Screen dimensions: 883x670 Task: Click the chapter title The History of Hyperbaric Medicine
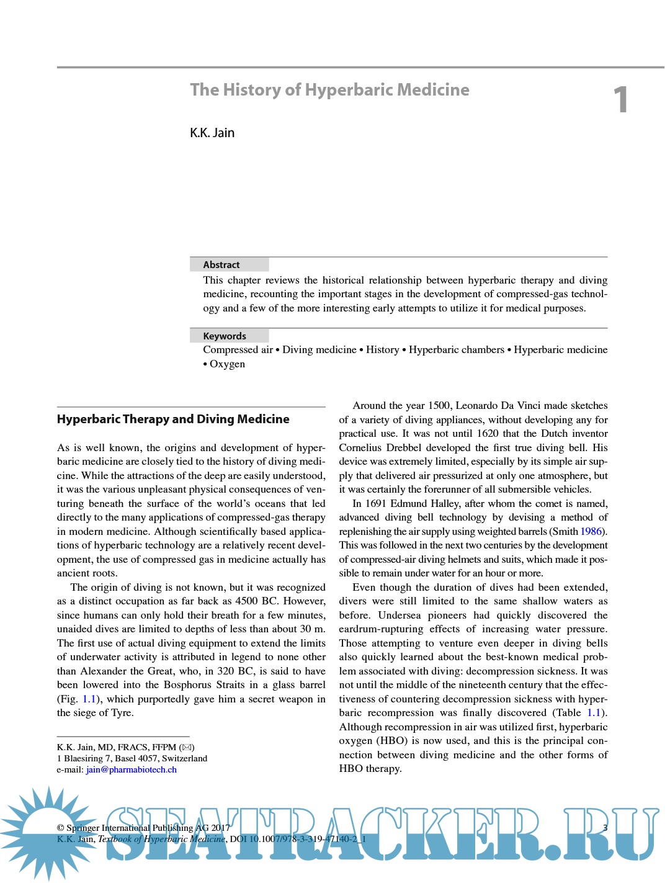329,90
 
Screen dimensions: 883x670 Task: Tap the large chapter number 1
620,100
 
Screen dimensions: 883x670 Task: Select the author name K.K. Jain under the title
212,133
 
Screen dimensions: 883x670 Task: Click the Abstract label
221,265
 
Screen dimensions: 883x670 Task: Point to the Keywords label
225,336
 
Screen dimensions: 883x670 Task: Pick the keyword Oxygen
227,364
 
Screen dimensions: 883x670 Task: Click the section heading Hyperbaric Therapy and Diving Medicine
173,419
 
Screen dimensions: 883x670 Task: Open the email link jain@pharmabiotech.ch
132,770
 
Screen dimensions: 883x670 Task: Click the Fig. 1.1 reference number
89,699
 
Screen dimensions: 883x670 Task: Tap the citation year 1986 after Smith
591,532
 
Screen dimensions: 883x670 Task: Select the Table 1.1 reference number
594,713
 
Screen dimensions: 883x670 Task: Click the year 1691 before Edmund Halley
376,504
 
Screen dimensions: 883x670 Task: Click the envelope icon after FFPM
187,748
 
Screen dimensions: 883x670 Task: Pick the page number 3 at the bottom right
605,828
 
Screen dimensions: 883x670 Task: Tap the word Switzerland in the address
184,759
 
